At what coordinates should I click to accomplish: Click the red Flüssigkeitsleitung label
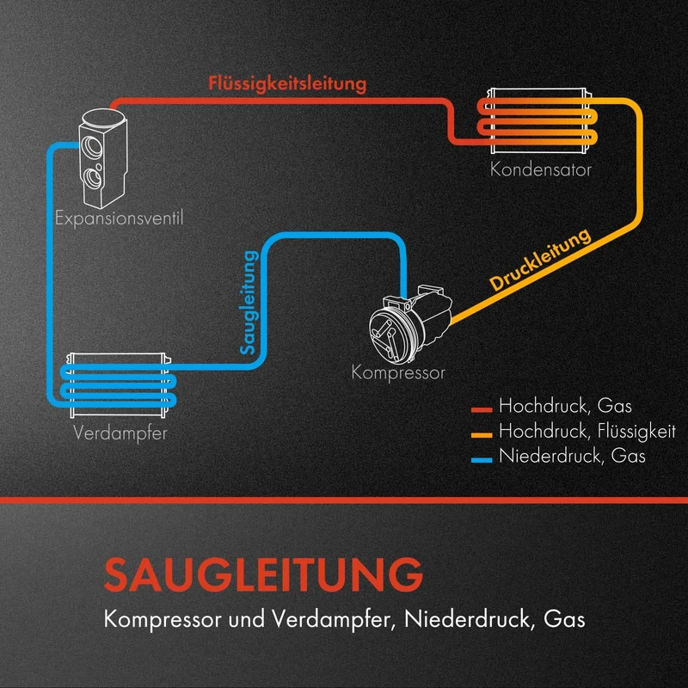(287, 83)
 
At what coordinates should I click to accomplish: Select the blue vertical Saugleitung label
(249, 303)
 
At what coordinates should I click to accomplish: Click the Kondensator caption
(541, 169)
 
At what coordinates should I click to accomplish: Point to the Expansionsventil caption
(119, 218)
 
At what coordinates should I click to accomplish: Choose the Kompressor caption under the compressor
(398, 373)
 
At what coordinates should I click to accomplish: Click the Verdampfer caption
(120, 433)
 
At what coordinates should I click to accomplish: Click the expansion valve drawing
(103, 158)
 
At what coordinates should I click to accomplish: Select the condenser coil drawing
(538, 120)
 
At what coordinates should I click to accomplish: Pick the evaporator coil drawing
(119, 385)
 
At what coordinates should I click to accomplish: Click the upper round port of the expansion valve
(92, 147)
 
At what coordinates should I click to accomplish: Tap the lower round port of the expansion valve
(93, 177)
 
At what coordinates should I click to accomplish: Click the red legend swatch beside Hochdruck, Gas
(482, 410)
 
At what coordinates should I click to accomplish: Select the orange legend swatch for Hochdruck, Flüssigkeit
(482, 435)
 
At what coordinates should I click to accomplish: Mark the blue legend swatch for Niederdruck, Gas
(482, 460)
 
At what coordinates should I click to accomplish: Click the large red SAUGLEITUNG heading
(263, 574)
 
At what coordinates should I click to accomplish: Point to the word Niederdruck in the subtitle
(467, 619)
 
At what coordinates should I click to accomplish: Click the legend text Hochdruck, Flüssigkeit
(587, 432)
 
